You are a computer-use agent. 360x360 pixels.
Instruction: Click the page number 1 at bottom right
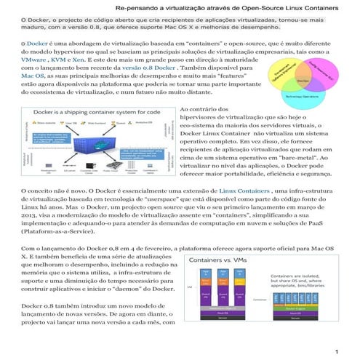[337, 353]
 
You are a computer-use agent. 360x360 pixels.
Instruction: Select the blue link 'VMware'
[15, 62]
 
